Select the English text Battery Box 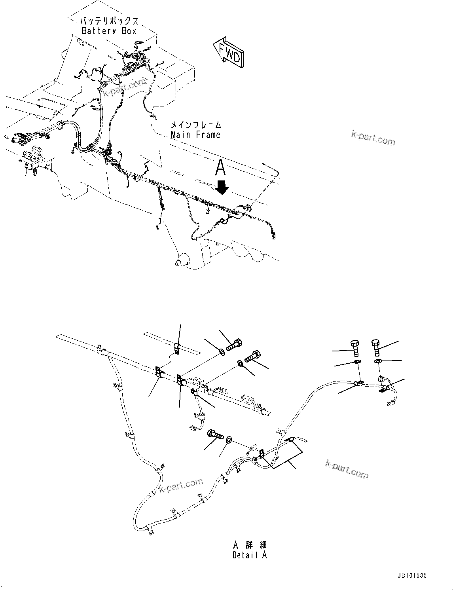click(x=109, y=31)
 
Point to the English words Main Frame click(x=195, y=135)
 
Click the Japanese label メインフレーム click(x=196, y=125)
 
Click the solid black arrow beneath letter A click(x=222, y=188)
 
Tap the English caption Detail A click(x=250, y=555)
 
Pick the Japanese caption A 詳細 click(x=250, y=544)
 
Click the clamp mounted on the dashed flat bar click(x=176, y=349)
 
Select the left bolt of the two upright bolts click(x=354, y=347)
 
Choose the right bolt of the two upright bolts click(x=376, y=347)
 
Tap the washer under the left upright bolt click(x=357, y=362)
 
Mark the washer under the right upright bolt click(x=378, y=361)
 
